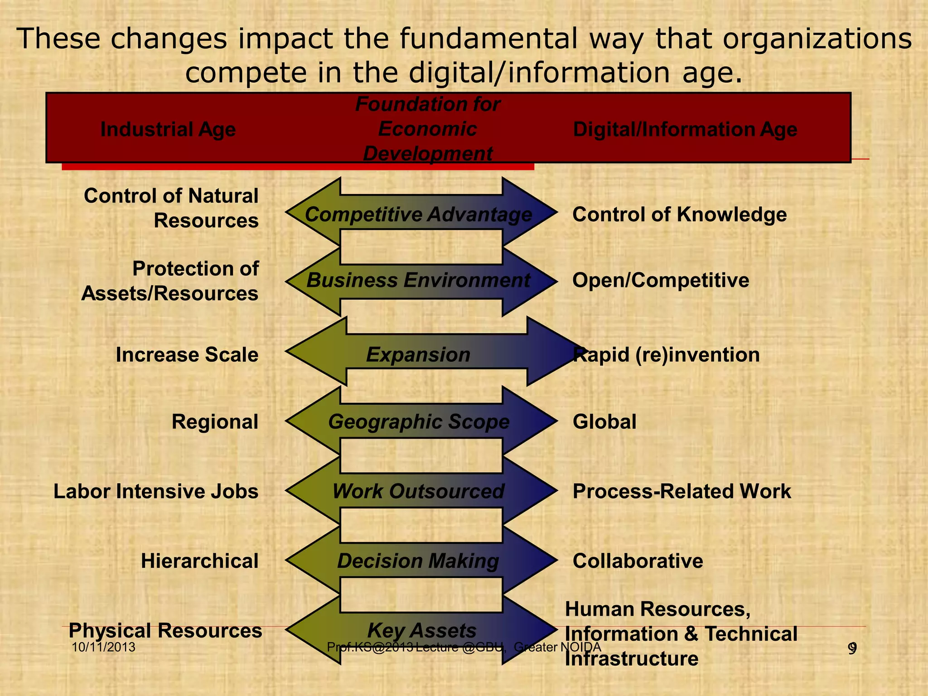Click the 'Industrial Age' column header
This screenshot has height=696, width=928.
168,130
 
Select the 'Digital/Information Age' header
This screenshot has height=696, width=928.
685,130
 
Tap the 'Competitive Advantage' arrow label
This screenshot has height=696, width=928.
418,214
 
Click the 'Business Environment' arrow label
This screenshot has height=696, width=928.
418,280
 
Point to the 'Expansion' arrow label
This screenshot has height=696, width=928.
418,355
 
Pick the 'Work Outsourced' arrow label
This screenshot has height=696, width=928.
418,492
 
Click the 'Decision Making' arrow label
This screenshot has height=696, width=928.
418,561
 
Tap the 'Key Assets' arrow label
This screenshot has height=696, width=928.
422,631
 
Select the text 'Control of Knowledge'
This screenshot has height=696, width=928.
680,214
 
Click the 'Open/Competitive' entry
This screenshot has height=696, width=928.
661,280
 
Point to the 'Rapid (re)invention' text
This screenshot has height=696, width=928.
667,355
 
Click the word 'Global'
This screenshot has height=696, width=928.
604,422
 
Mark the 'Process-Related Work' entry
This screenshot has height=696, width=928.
682,492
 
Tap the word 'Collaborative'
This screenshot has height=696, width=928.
638,561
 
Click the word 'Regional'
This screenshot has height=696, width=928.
215,422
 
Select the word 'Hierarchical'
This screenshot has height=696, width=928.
199,561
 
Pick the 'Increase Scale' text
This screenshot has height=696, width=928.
187,355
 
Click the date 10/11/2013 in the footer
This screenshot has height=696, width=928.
104,647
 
